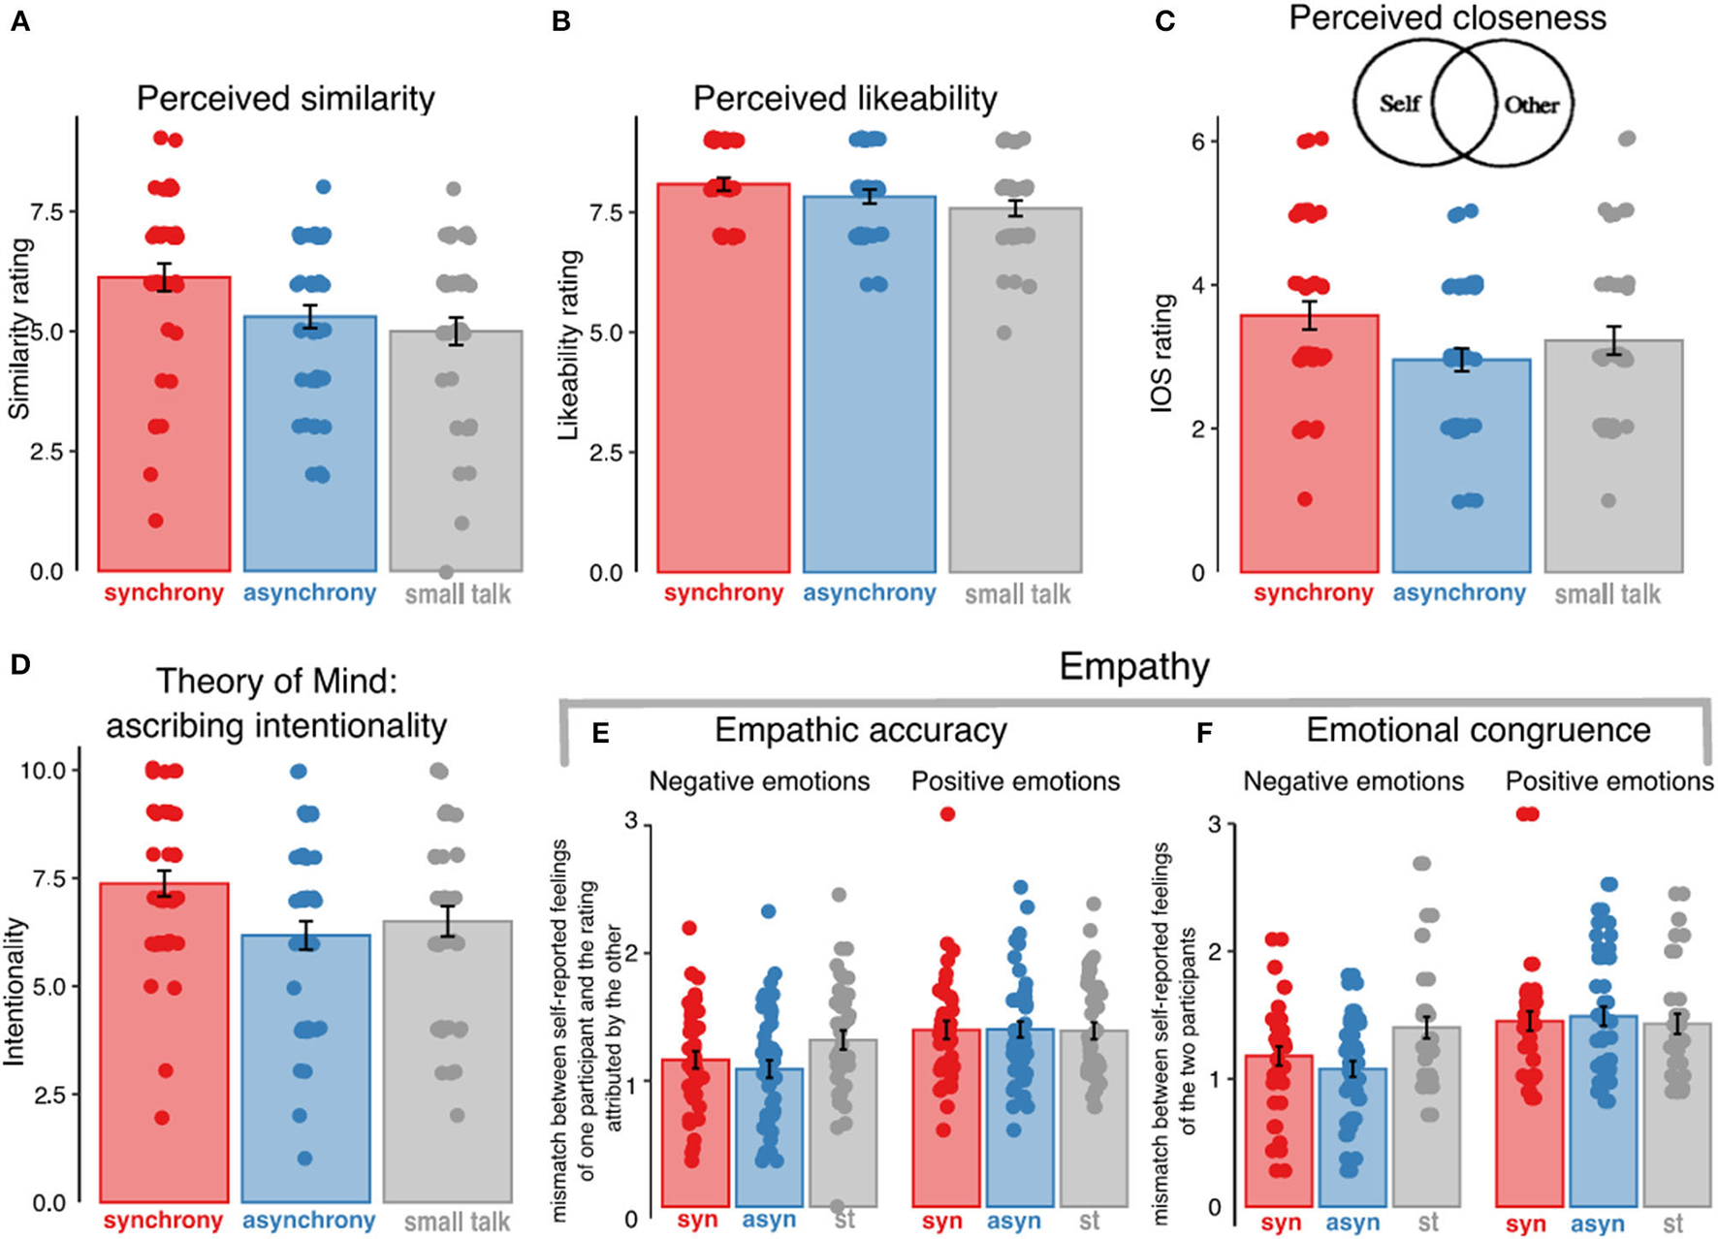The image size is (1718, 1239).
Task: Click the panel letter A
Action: tap(19, 20)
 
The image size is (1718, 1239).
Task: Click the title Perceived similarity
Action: tap(285, 99)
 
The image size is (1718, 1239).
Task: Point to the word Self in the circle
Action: tap(1400, 103)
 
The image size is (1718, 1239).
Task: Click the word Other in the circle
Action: tap(1531, 105)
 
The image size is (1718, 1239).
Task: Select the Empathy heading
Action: tap(1133, 667)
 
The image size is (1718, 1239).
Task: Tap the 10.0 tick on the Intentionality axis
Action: tap(43, 771)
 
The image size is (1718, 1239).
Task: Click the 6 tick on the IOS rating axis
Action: tap(1198, 142)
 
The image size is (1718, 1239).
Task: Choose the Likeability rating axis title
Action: tap(570, 344)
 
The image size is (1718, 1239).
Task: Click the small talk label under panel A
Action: tap(458, 594)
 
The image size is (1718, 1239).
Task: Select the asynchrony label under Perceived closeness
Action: tap(1459, 593)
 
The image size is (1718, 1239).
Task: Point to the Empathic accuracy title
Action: tap(860, 730)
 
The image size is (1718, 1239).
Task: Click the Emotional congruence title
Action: tap(1478, 730)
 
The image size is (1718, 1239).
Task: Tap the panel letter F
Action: tap(1204, 733)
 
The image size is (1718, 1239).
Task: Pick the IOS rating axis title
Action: tap(1161, 354)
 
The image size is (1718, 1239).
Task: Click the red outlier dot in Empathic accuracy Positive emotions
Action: tap(947, 814)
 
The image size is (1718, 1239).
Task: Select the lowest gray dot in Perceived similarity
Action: tap(446, 572)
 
